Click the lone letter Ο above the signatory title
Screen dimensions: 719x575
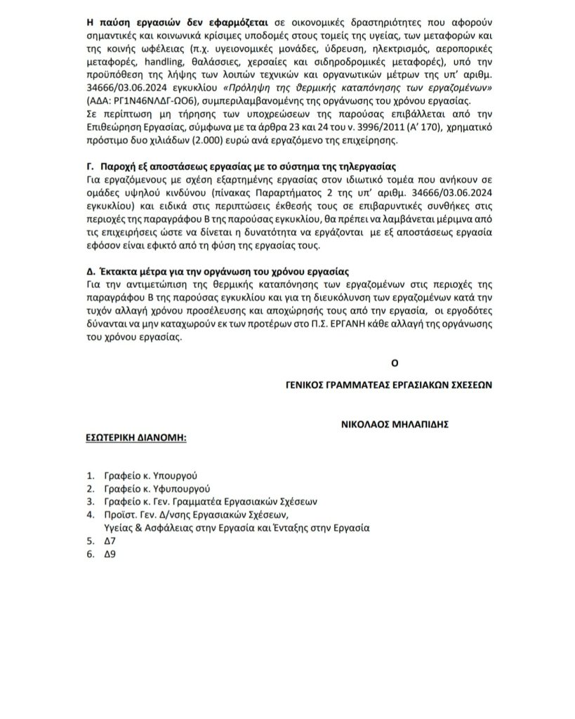click(395, 362)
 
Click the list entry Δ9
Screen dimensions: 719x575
click(108, 553)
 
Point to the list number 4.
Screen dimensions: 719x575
click(89, 515)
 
